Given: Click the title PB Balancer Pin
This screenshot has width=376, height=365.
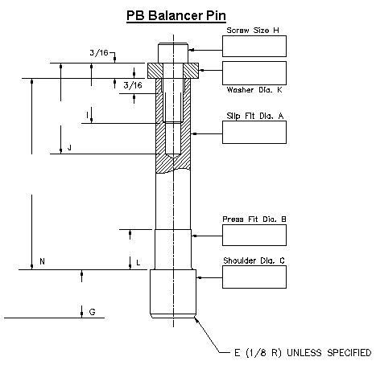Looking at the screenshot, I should [176, 15].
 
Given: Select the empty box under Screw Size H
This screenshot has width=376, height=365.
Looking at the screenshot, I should [254, 47].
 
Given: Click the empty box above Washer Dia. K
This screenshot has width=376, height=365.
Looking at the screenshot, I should [254, 73].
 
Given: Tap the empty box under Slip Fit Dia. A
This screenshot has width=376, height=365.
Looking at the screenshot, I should [254, 132].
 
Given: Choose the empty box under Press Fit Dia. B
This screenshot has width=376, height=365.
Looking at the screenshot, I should [254, 236].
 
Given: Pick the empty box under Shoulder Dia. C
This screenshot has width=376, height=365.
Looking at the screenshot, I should [254, 277].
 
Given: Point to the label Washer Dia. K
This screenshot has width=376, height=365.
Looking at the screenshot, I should [254, 90].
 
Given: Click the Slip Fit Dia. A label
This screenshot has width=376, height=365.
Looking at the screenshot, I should [254, 115].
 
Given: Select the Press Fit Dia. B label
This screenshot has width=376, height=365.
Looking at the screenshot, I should [254, 219].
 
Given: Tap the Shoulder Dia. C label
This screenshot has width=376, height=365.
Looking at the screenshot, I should [254, 261].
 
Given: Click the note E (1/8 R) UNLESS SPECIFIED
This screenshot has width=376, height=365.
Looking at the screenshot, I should [302, 352].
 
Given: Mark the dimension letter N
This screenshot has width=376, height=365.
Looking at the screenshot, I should [42, 262].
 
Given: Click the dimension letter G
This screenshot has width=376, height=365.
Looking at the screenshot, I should [92, 310].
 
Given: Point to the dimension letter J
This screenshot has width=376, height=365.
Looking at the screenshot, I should [71, 148].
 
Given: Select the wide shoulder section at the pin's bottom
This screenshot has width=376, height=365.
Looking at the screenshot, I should [173, 293].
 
